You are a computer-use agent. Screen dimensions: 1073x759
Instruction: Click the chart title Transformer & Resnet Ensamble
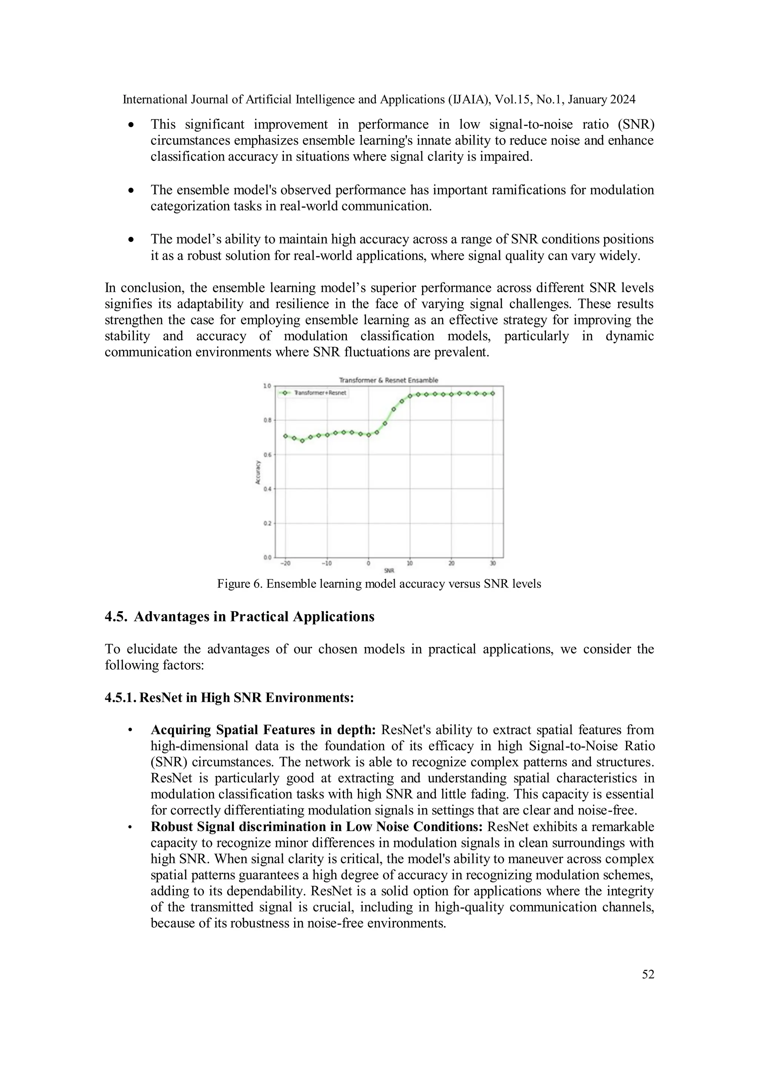coord(388,380)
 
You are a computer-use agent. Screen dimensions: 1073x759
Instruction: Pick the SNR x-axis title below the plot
coord(389,571)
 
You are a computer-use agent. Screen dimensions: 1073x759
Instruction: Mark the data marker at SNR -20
coord(286,436)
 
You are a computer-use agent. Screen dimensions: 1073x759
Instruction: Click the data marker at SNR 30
coord(493,394)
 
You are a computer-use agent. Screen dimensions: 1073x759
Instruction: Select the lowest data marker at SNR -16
coord(302,441)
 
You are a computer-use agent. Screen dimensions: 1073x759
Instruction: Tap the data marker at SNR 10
coord(410,396)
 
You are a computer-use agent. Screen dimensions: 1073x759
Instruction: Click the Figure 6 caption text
coord(379,584)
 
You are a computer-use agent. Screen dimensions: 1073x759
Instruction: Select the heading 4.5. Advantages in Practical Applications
coord(240,617)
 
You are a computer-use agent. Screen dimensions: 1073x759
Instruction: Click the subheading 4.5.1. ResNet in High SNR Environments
coord(229,698)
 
